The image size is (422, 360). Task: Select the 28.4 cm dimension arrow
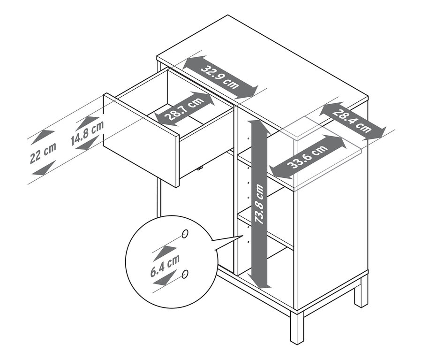tap(352, 121)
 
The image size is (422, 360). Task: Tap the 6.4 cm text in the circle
tap(165, 266)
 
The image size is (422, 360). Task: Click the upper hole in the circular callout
tap(185, 233)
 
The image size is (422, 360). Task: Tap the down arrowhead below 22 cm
tap(42, 170)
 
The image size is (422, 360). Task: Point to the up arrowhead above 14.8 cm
tap(88, 120)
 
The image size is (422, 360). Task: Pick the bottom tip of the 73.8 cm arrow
tap(264, 286)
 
